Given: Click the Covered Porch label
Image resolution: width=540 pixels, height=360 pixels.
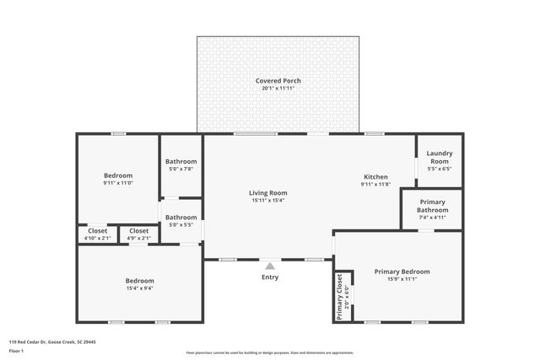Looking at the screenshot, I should click(278, 81).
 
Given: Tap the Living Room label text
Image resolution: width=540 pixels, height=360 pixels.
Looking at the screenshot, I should click(267, 193).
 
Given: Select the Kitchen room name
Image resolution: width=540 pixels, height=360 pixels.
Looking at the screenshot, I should click(375, 177).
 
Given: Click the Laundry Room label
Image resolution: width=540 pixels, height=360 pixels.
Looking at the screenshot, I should click(439, 157).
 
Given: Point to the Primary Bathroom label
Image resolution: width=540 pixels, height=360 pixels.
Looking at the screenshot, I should click(432, 206).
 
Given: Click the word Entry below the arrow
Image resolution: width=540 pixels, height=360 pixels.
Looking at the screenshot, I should click(270, 277).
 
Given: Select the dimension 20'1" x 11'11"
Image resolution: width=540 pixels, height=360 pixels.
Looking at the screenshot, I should click(278, 89).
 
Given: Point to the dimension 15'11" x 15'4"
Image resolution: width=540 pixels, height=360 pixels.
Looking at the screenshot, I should click(267, 201).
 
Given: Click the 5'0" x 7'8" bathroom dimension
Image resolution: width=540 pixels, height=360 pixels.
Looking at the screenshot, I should click(181, 169).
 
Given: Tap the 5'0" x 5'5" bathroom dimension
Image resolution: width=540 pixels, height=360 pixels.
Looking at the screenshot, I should click(181, 225).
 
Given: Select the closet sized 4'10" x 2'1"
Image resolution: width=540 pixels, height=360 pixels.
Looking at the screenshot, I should click(97, 238).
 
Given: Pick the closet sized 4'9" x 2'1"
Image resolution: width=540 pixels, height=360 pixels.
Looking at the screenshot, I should click(138, 238).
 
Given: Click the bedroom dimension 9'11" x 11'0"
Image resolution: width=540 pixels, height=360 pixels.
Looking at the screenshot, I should click(118, 183).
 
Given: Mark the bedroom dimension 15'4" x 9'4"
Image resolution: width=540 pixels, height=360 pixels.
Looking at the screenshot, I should click(139, 288).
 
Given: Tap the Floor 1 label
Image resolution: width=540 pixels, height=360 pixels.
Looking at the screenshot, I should click(16, 350).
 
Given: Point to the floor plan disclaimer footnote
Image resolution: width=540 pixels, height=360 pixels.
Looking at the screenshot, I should click(269, 353).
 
